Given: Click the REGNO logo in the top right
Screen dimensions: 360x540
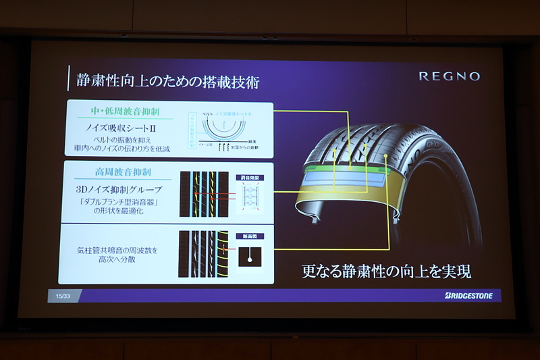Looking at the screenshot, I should tap(449, 76).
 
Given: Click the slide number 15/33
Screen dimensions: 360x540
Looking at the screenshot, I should tap(62, 296).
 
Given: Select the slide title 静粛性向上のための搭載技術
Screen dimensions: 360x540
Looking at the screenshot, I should tap(166, 82).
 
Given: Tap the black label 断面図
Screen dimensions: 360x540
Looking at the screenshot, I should tap(250, 236).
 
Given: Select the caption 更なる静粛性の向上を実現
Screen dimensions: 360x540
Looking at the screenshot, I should tap(385, 271).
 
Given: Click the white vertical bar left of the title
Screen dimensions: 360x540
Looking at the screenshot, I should tap(69, 79).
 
